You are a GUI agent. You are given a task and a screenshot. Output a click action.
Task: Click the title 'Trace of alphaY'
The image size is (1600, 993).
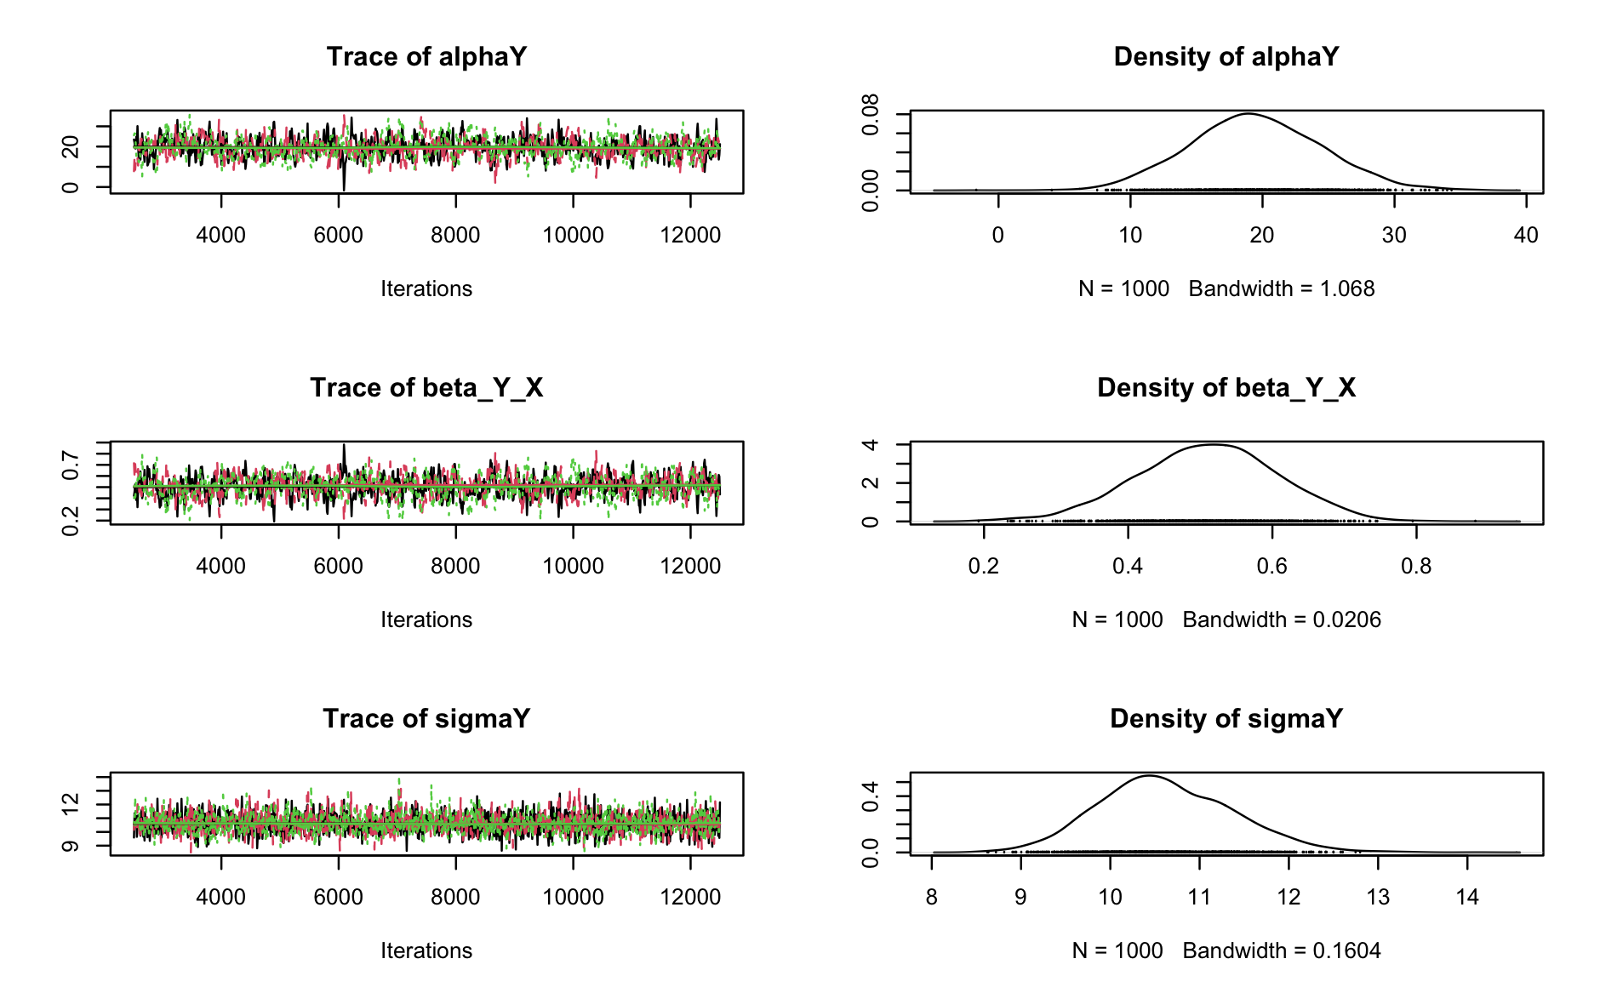click(x=426, y=57)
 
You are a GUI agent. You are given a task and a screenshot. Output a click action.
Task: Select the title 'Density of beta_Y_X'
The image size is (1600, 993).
click(x=1226, y=388)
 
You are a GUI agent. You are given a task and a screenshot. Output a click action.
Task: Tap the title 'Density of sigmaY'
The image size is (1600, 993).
click(x=1226, y=719)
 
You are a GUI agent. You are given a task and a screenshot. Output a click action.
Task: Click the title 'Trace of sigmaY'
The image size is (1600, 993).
click(x=426, y=719)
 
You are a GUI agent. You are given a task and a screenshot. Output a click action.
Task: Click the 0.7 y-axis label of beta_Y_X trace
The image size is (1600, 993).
click(x=71, y=465)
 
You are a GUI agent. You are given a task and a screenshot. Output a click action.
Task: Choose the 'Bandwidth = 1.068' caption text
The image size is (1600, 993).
click(x=1281, y=289)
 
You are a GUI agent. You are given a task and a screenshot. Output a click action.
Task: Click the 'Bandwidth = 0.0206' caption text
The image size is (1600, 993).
click(x=1281, y=620)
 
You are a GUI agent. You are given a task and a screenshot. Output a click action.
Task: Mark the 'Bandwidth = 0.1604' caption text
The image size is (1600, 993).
click(x=1281, y=951)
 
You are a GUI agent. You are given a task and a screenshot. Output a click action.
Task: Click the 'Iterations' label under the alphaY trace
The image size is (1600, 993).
click(x=426, y=289)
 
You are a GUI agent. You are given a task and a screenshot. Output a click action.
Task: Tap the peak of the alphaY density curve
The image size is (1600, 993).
click(x=1249, y=113)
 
